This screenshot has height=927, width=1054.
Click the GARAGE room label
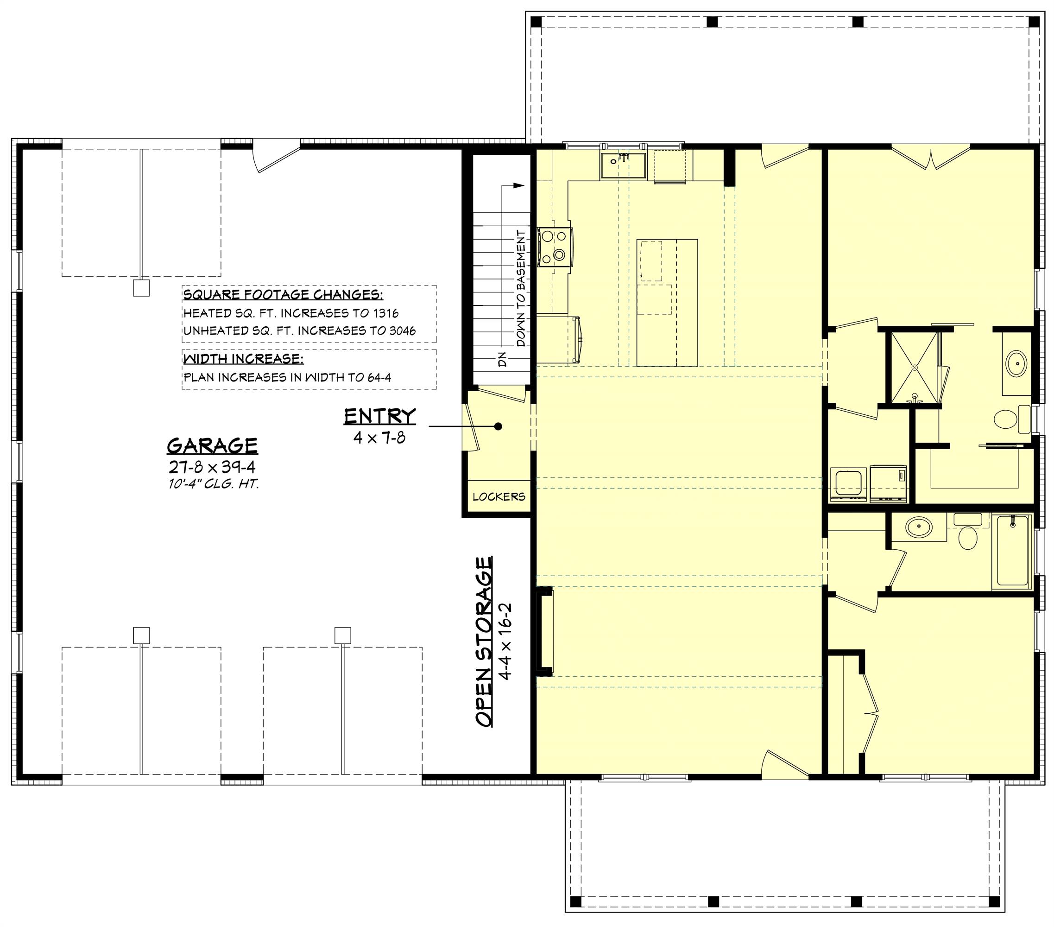click(x=213, y=444)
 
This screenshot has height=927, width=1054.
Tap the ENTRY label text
click(x=379, y=416)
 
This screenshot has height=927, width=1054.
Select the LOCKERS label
click(x=499, y=497)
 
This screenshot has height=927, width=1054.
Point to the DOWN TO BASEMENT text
click(x=521, y=289)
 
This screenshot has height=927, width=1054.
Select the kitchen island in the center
click(x=667, y=302)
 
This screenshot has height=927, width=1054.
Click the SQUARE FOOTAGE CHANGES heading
click(x=283, y=295)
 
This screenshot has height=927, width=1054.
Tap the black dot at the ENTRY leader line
click(x=498, y=426)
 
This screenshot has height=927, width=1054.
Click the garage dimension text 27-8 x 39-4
click(x=213, y=467)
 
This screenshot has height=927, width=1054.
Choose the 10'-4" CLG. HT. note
click(x=213, y=484)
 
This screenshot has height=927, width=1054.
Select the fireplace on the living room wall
click(x=544, y=631)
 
